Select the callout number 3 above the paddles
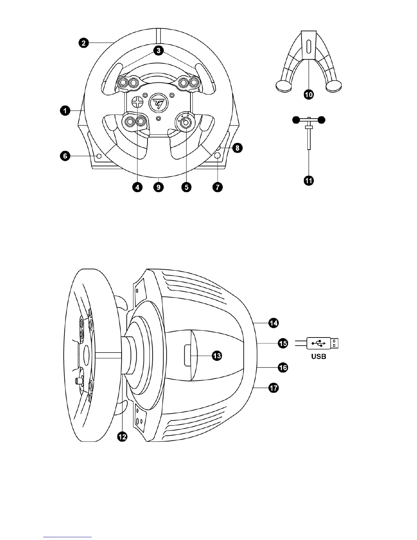click(x=158, y=51)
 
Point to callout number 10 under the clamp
click(x=309, y=95)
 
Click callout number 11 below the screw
click(x=309, y=180)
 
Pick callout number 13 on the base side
click(x=217, y=356)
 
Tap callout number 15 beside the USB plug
click(x=283, y=343)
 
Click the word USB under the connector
click(x=319, y=357)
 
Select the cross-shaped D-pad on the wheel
click(x=138, y=102)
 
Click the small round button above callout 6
click(x=99, y=156)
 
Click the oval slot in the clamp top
click(x=309, y=46)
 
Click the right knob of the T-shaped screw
click(x=321, y=120)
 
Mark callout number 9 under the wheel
click(x=159, y=187)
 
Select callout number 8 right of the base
click(x=237, y=148)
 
